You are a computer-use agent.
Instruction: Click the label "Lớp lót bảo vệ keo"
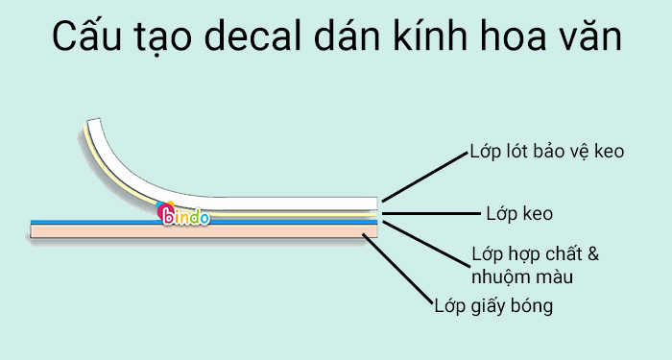548,153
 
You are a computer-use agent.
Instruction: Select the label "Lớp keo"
518,211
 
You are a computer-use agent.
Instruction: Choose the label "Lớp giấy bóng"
493,306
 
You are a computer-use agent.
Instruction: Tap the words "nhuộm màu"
522,278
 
